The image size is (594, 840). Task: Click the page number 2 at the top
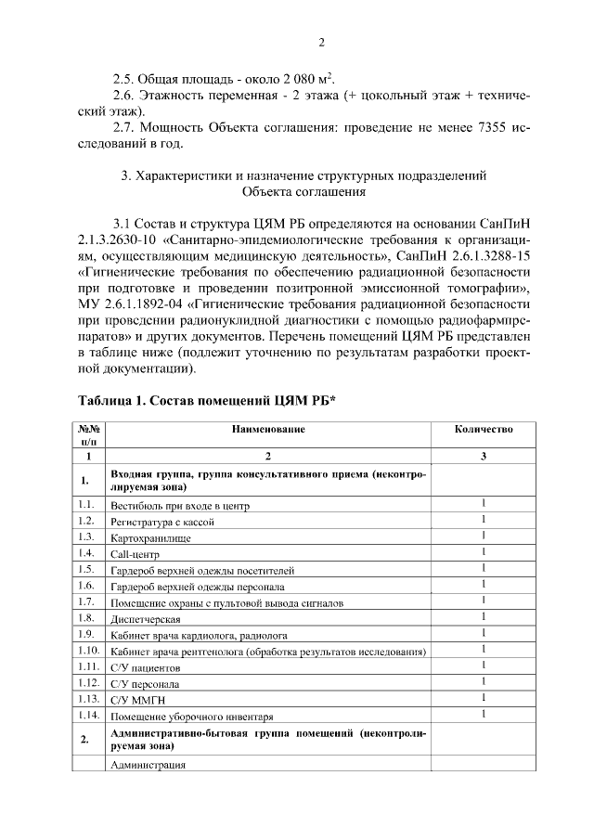(321, 42)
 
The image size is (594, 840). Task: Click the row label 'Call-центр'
(135, 554)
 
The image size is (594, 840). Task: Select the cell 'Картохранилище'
(153, 538)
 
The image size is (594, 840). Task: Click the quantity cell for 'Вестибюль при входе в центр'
(484, 505)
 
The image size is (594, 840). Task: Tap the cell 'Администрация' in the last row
(148, 766)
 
